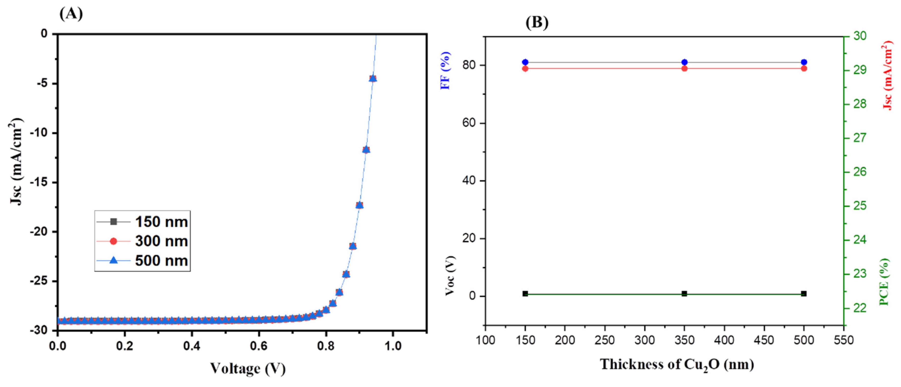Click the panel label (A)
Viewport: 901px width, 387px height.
71,14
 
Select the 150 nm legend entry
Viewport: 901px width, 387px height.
143,222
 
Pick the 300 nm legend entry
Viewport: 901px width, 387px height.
143,241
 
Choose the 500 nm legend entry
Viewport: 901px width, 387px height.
143,261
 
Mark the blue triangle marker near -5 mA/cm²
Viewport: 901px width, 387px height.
373,78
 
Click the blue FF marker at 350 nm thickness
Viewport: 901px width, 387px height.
685,62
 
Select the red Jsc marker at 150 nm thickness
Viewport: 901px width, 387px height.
525,68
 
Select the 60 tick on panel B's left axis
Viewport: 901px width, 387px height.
469,123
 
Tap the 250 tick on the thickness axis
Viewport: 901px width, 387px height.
605,340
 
